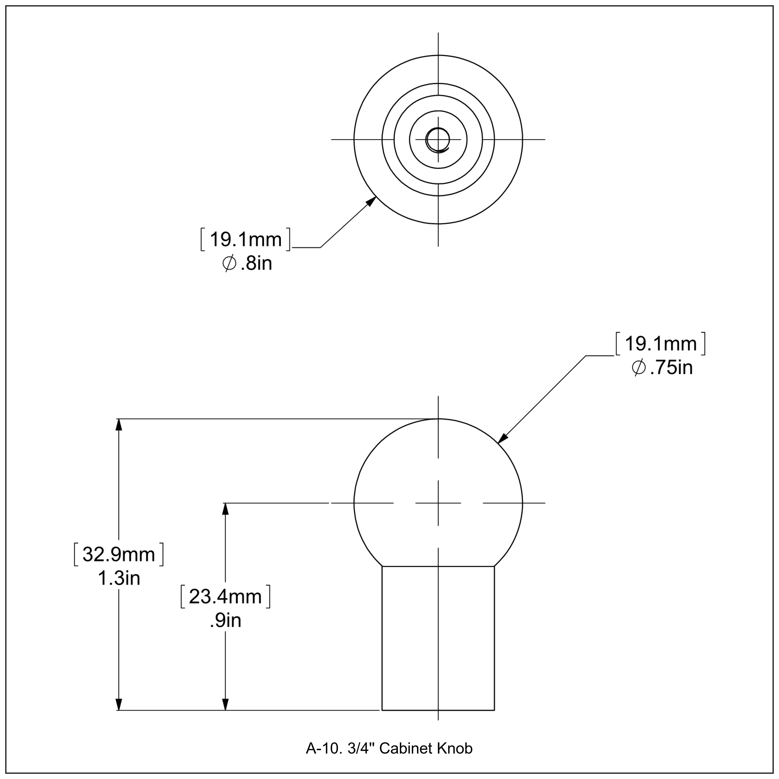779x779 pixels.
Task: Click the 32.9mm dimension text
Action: point(119,555)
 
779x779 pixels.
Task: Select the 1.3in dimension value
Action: point(119,579)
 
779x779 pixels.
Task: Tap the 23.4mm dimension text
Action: point(225,597)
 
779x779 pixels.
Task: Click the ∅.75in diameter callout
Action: point(662,368)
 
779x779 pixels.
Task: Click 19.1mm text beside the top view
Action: point(246,239)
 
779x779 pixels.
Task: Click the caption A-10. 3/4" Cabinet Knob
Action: point(389,748)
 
